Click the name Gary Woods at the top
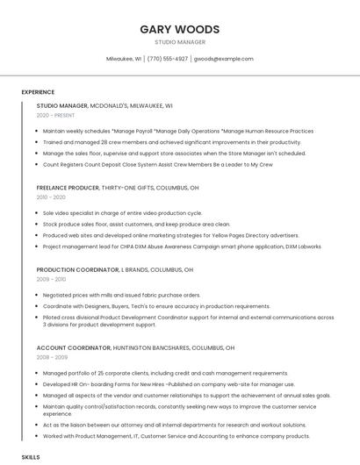179,29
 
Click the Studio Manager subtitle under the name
179,42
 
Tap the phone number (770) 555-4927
167,59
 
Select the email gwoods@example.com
223,59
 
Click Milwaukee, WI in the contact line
124,59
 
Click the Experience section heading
38,91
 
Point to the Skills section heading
31,457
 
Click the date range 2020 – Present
56,115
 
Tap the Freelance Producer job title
118,188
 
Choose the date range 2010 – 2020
51,197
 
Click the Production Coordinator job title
114,270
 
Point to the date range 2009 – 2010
51,280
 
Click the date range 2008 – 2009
51,357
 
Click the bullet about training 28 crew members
160,142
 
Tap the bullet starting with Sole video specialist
122,213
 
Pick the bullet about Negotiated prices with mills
121,296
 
